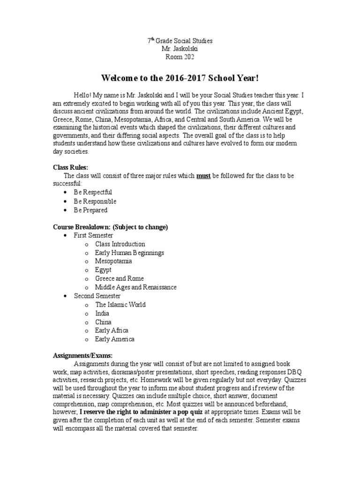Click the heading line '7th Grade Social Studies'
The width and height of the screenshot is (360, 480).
[180, 41]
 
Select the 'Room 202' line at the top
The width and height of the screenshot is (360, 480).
[180, 57]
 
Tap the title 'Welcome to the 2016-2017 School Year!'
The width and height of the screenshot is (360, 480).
[180, 77]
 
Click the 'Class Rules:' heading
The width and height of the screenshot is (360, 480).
[70, 166]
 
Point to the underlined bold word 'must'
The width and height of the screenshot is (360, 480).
[203, 175]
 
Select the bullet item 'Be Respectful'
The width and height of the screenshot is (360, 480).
[93, 192]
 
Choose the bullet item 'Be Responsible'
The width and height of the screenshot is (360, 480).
[95, 201]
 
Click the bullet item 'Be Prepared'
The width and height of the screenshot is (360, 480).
[90, 210]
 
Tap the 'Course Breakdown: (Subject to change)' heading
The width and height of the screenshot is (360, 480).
[110, 227]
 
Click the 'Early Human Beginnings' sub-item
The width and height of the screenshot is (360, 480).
[129, 253]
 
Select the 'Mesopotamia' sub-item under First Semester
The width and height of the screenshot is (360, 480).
[113, 261]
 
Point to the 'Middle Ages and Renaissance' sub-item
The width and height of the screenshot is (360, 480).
[136, 287]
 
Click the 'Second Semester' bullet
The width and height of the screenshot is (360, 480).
[97, 296]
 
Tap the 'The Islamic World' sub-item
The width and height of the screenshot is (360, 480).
[120, 304]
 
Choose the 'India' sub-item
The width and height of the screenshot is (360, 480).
[102, 313]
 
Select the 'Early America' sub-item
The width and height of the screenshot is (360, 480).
[114, 339]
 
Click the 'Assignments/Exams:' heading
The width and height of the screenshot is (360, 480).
[83, 356]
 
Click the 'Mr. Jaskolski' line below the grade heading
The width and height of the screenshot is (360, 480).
[180, 49]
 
